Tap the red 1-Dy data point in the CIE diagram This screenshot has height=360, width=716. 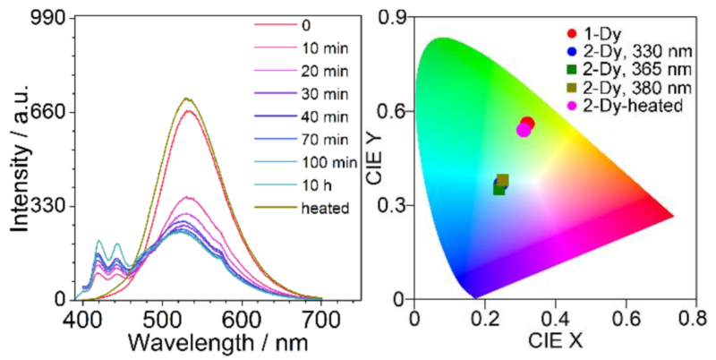[x=527, y=124]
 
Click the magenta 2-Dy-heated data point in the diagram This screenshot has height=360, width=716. [x=524, y=130]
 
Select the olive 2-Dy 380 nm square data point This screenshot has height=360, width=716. [x=503, y=180]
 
